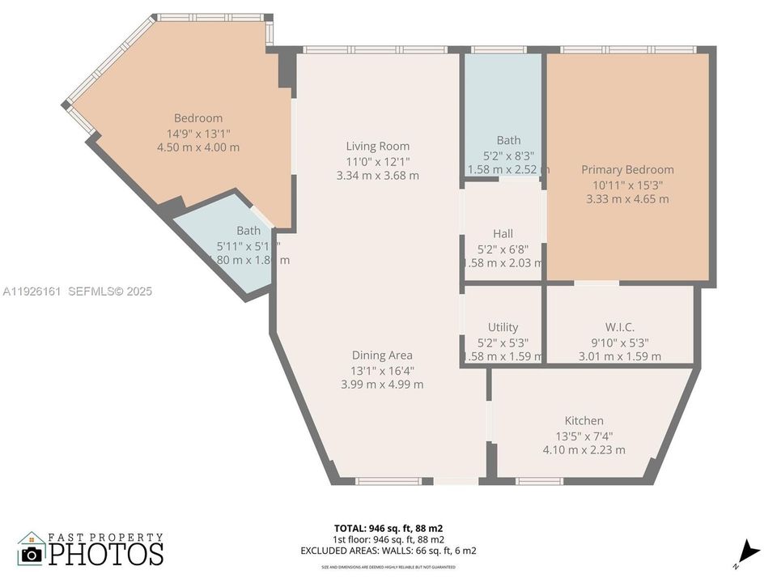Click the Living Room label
pyautogui.click(x=377, y=147)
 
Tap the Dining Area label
pyautogui.click(x=382, y=355)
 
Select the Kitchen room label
pyautogui.click(x=584, y=420)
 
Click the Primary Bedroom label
pyautogui.click(x=627, y=169)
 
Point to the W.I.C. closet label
pyautogui.click(x=619, y=327)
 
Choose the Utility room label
pyautogui.click(x=503, y=327)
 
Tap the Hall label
pyautogui.click(x=503, y=234)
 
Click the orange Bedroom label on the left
pyautogui.click(x=198, y=118)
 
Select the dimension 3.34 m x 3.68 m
pyautogui.click(x=378, y=176)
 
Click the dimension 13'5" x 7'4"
pyautogui.click(x=584, y=436)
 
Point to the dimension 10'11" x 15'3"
pyautogui.click(x=627, y=185)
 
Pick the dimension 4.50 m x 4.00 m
pyautogui.click(x=198, y=147)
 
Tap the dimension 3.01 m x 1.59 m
pyautogui.click(x=619, y=356)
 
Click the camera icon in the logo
pyautogui.click(x=32, y=554)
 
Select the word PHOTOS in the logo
pyautogui.click(x=105, y=554)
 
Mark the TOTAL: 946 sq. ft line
pyautogui.click(x=388, y=528)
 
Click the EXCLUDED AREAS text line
pyautogui.click(x=388, y=551)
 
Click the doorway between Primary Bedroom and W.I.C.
pyautogui.click(x=597, y=283)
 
